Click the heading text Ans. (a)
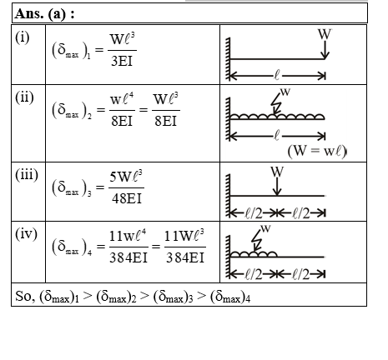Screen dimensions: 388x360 coord(41,13)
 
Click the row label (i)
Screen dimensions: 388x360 coord(23,37)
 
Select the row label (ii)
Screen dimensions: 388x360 coord(24,97)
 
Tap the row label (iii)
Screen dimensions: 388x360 coord(27,175)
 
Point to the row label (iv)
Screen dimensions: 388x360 coord(26,234)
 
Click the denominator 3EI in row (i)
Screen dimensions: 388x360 coord(122,61)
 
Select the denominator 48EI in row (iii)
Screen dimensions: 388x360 coord(127,198)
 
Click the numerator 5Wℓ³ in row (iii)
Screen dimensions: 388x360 coord(126,177)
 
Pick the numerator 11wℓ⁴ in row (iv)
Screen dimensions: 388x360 coord(128,235)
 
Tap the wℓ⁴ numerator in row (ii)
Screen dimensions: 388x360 coord(122,98)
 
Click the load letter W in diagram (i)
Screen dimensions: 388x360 coord(325,34)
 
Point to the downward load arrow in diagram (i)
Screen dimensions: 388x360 coord(325,50)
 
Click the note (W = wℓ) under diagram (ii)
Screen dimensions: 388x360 coord(317,151)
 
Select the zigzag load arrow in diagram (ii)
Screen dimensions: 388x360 coord(276,103)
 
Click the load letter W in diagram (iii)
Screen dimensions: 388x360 coord(277,172)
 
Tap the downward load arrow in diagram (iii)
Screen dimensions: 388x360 coord(277,187)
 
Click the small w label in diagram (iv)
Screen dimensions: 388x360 coord(265,228)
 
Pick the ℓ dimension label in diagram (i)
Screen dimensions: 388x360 coord(277,75)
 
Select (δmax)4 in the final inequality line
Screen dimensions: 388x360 coord(230,297)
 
